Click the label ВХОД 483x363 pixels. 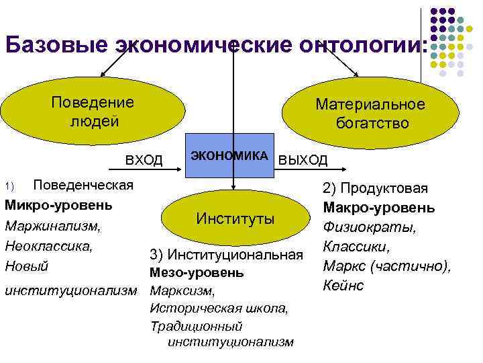click(x=144, y=160)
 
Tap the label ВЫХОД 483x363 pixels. click(x=303, y=160)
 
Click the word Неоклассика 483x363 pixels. click(x=48, y=246)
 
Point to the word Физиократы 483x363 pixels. click(x=370, y=227)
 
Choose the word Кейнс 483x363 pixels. click(x=343, y=285)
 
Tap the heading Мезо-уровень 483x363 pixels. click(x=197, y=273)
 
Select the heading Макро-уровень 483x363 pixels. click(x=378, y=208)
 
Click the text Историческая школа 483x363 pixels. click(x=219, y=309)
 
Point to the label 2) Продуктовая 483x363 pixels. click(x=375, y=189)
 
